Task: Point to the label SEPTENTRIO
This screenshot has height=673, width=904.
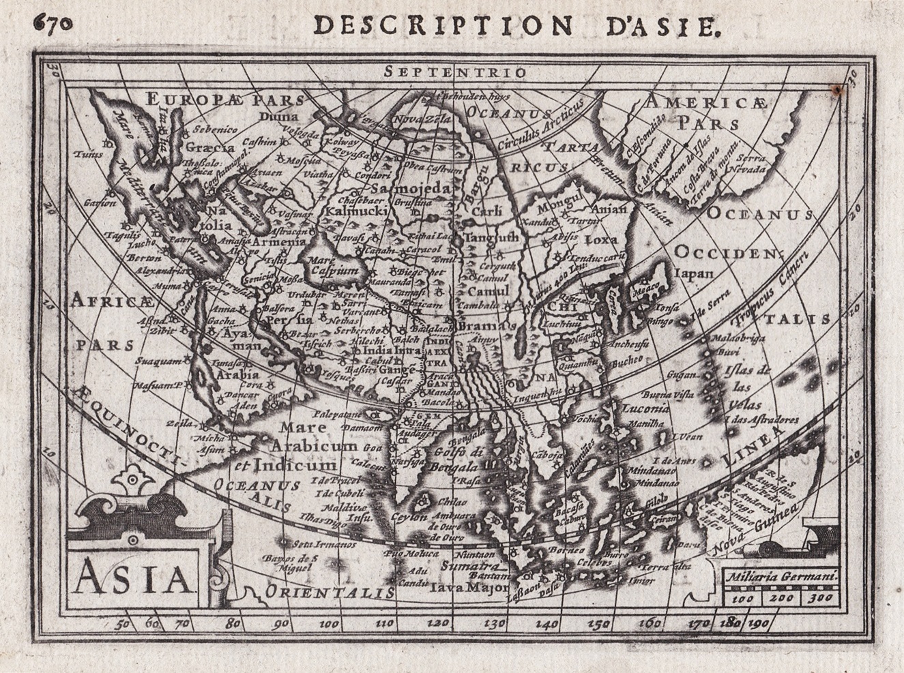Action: pos(454,72)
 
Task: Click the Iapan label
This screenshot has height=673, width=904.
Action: pos(693,274)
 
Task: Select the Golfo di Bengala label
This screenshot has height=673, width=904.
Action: pos(456,460)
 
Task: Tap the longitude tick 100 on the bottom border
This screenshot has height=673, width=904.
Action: pos(330,623)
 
